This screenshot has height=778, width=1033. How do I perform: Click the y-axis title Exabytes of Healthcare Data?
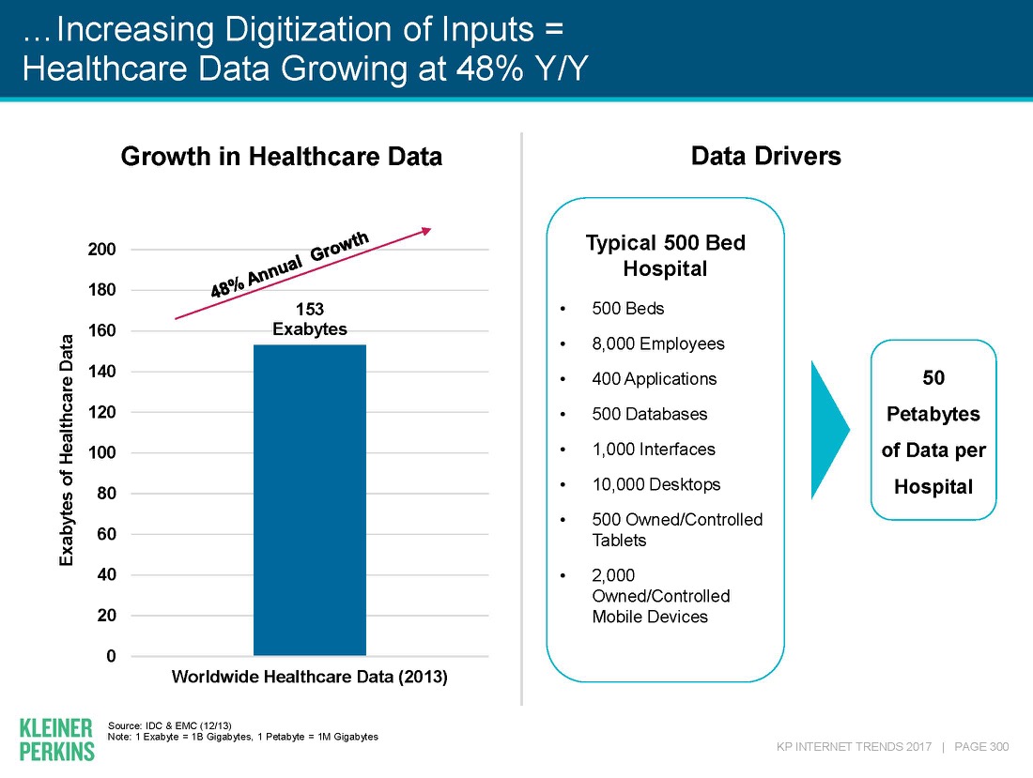coord(67,450)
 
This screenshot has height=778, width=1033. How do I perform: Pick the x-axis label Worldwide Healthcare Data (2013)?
coord(309,678)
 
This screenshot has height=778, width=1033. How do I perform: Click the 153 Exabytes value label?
coord(310,319)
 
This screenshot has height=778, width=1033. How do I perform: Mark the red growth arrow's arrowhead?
coord(426,230)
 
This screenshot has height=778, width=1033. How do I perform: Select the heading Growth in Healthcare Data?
coord(282,157)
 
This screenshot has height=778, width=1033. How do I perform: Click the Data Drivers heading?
coord(765,156)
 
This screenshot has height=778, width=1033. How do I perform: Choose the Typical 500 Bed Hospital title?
coord(665,255)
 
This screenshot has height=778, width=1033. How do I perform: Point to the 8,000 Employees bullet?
coord(658,343)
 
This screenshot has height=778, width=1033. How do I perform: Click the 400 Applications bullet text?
coord(654,379)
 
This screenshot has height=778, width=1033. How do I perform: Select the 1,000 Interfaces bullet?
coord(653,450)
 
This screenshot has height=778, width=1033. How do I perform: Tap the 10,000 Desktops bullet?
coord(655,484)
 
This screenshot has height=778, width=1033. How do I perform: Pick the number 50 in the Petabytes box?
coord(933,377)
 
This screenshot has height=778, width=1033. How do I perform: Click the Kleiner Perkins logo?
coord(56,739)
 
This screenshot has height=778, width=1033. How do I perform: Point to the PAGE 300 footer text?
coord(981,747)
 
